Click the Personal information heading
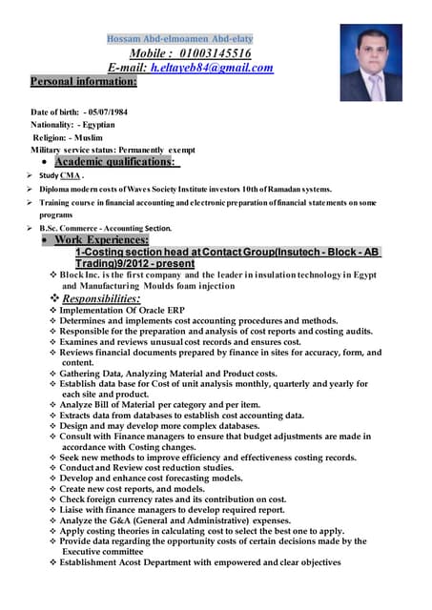(x=83, y=82)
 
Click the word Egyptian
(x=98, y=125)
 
